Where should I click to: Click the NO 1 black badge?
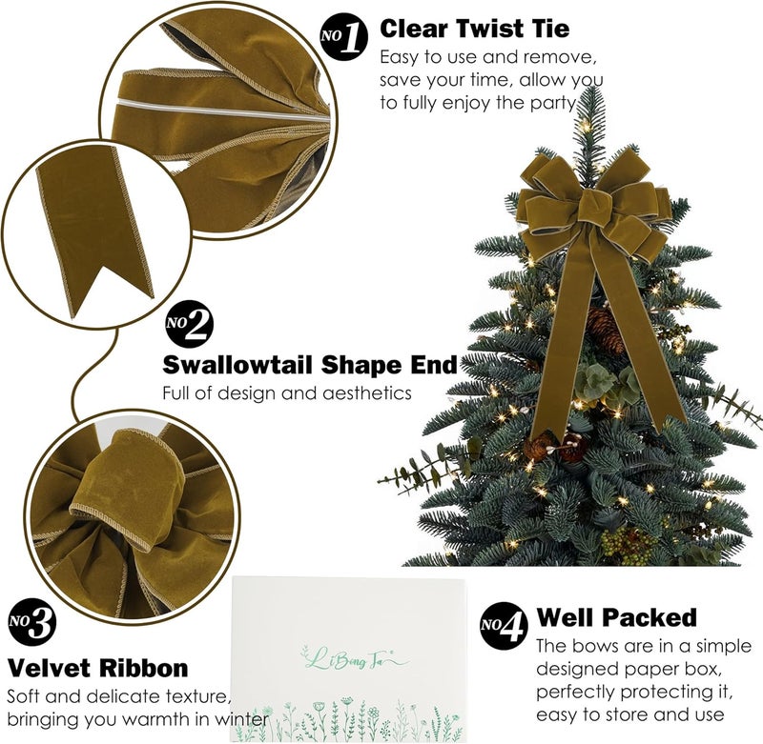click(x=343, y=37)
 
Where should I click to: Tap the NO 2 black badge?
click(x=190, y=323)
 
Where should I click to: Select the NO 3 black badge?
click(x=32, y=623)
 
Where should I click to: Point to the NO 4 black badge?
click(x=503, y=626)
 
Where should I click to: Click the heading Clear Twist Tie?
click(x=474, y=30)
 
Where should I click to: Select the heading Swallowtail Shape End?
click(x=310, y=364)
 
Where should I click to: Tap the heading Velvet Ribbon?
click(x=98, y=667)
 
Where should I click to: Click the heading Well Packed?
click(x=616, y=617)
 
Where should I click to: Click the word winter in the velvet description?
click(x=237, y=717)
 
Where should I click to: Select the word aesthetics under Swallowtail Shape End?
click(x=362, y=392)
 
